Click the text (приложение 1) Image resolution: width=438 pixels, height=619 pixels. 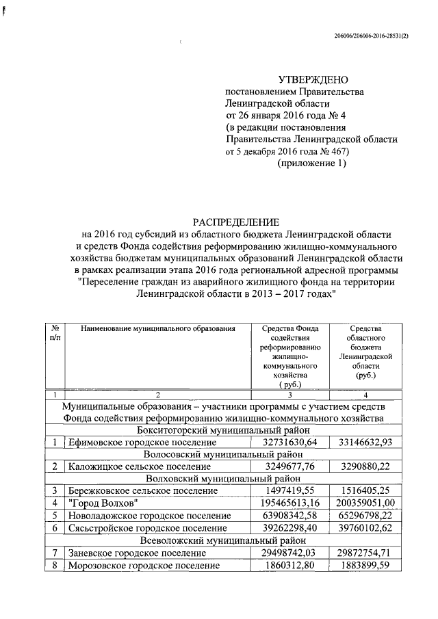(x=311, y=163)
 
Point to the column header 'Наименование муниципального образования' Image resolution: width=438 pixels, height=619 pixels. (x=158, y=329)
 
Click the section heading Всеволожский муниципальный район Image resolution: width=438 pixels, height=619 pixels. (x=227, y=540)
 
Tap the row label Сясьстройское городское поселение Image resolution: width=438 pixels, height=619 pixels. (x=147, y=527)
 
